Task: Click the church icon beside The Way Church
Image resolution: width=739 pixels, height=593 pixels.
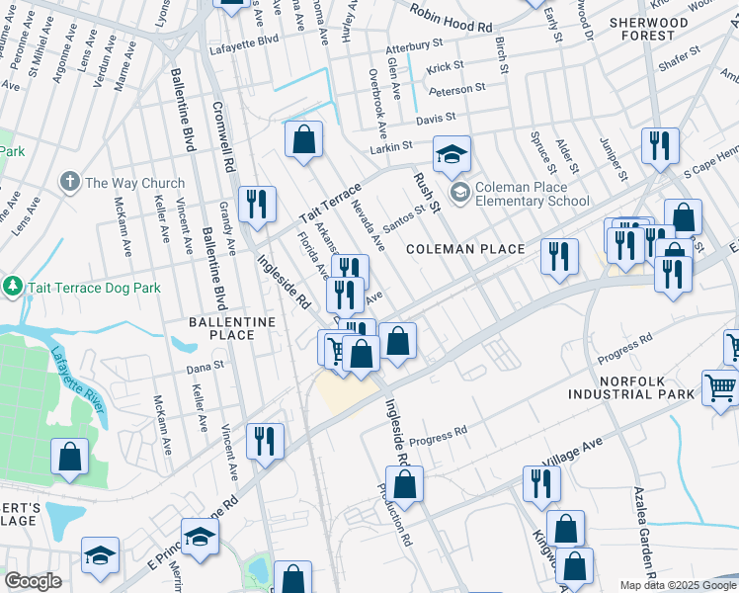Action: click(69, 182)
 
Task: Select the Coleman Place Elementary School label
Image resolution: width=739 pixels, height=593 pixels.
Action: click(534, 194)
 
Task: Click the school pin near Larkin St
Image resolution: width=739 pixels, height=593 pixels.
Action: click(452, 153)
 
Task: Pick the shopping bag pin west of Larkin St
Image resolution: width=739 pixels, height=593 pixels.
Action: click(304, 138)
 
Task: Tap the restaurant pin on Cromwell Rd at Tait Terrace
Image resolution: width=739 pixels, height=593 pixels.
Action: click(259, 204)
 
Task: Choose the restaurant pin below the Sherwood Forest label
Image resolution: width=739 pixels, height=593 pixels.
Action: click(659, 144)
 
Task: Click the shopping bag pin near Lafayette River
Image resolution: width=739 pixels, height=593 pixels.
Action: click(69, 457)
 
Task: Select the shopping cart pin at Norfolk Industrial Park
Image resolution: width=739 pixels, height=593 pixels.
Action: click(720, 387)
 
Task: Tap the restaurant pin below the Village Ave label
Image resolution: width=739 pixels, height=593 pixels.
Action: click(540, 483)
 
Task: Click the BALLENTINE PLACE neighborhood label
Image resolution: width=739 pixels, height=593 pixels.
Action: click(222, 329)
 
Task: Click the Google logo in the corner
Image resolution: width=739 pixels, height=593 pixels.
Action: click(34, 581)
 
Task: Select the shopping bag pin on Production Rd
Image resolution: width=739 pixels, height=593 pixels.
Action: click(404, 484)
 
